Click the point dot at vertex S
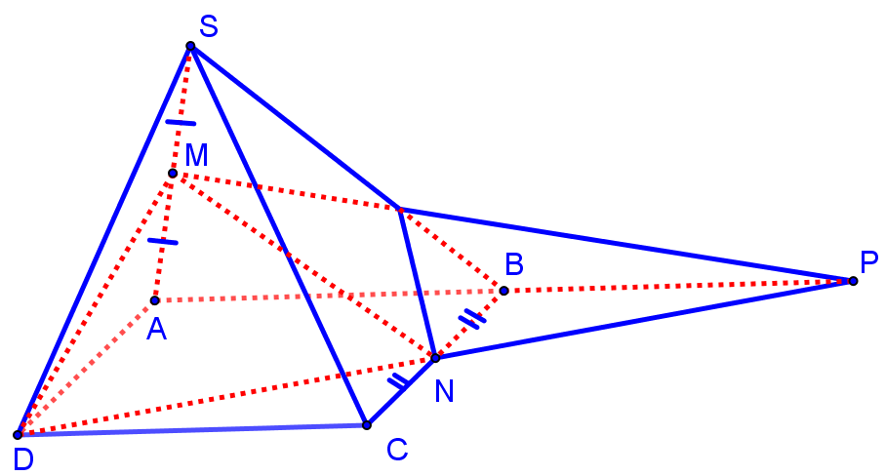coord(190,47)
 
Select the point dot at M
coord(173,174)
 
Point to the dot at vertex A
coord(154,299)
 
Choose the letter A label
coord(156,332)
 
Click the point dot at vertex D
coord(18,434)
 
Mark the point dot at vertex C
coord(367,424)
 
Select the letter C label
coord(396,450)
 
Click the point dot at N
coord(435,358)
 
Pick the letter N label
coord(444,390)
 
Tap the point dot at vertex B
coord(503,291)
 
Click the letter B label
coord(513,263)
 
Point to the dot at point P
coord(853,281)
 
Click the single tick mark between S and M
coord(181,123)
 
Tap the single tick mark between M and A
coord(163,241)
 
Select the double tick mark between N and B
coord(472,318)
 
